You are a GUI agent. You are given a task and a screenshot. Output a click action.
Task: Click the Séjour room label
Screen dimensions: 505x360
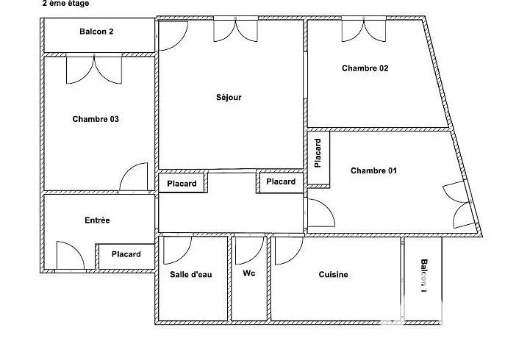click(229, 97)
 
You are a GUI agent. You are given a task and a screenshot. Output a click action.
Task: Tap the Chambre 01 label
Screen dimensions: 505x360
click(373, 170)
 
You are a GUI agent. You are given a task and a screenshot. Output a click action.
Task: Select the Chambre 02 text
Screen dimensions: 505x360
click(365, 68)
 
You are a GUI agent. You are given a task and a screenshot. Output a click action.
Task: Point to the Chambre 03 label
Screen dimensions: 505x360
click(96, 119)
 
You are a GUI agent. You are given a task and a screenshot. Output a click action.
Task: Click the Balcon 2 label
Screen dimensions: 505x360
click(96, 32)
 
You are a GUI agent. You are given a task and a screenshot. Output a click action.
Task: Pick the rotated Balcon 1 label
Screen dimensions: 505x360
click(424, 276)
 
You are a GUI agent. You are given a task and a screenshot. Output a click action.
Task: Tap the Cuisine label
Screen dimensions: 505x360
click(333, 274)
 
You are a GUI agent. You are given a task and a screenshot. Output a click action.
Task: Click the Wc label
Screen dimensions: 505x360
click(249, 273)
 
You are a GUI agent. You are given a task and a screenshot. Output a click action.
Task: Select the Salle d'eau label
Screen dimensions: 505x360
click(191, 274)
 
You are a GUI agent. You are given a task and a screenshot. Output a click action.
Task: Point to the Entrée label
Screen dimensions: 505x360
click(97, 220)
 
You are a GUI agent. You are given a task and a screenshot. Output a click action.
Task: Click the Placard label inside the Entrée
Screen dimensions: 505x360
click(126, 254)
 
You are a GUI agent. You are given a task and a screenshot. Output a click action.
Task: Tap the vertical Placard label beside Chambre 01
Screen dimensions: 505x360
click(318, 153)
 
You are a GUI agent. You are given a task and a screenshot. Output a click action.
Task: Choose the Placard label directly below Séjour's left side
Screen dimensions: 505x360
click(182, 184)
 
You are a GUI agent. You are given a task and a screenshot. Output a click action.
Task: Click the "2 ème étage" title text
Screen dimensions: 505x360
click(65, 4)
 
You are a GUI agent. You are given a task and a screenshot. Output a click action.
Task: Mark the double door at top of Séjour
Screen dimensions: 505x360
click(236, 30)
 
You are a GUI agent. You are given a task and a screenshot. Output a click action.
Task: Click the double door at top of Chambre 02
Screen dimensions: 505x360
click(364, 30)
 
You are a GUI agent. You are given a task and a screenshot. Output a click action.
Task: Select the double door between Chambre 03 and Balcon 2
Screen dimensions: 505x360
click(94, 69)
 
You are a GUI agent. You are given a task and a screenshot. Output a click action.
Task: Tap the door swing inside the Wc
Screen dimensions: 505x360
click(250, 251)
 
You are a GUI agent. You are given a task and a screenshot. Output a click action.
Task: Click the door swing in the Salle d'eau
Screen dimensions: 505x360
click(178, 251)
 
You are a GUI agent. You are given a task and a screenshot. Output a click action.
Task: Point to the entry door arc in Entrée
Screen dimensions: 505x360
click(71, 255)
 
